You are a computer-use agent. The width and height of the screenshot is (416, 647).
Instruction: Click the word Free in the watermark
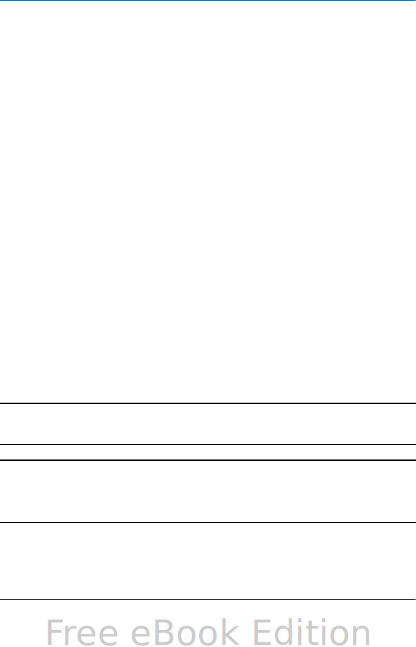point(81,632)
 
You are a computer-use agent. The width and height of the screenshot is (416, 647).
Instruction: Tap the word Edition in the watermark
point(311,632)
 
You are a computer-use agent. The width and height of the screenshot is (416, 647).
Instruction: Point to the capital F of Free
point(55,632)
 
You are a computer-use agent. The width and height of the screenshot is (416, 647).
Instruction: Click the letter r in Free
point(72,635)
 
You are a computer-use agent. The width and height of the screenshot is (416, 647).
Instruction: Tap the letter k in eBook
point(229,632)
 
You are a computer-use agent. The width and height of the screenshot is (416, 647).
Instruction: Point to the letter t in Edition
point(313,633)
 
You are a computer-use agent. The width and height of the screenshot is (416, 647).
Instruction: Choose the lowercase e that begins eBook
point(141,635)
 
